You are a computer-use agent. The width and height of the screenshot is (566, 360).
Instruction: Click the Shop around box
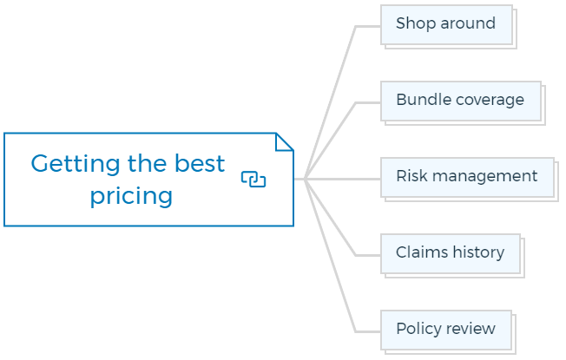coord(447,25)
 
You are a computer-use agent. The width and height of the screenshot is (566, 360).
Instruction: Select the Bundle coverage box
coord(461,101)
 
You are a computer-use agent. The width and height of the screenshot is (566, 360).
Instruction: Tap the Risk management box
coord(467,178)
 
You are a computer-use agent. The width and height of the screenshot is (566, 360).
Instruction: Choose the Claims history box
coord(451,254)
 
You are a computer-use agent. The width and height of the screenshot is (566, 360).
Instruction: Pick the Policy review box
coord(446,331)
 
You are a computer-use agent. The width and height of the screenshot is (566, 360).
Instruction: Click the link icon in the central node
coord(253,180)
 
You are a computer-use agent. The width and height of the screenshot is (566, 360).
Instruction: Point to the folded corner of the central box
coord(285,141)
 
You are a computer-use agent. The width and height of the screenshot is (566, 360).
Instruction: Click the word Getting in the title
coord(75,164)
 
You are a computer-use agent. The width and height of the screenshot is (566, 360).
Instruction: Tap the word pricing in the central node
coord(131,196)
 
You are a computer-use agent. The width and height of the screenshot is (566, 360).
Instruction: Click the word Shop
coord(416,23)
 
